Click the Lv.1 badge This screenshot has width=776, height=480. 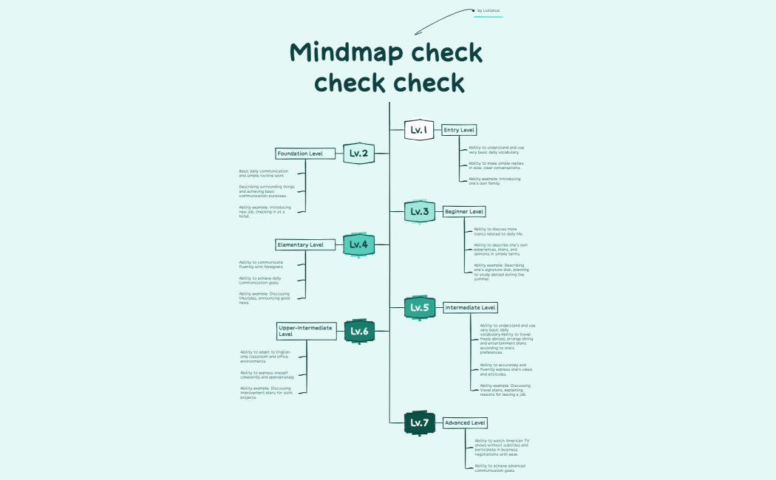[418, 130]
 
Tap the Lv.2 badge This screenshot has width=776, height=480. [358, 154]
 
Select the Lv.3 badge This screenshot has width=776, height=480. [419, 212]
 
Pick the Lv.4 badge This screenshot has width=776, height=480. [358, 244]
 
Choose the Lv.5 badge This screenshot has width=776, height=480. [419, 307]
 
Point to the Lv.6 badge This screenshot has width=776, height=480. [359, 332]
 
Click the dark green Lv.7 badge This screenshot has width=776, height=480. [419, 423]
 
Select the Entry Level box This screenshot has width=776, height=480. [459, 130]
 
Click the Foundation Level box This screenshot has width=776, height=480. [300, 154]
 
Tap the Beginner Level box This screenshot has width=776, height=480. [464, 212]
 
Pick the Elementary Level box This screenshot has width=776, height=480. [300, 244]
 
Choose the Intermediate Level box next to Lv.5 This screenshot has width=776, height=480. [471, 307]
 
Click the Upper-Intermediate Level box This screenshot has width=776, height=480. [306, 331]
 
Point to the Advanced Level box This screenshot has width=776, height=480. [465, 423]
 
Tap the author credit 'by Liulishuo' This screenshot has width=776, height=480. [489, 10]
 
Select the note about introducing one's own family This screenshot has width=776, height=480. [494, 181]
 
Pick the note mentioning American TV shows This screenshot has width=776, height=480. [502, 448]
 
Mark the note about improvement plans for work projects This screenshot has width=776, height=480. [266, 392]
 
